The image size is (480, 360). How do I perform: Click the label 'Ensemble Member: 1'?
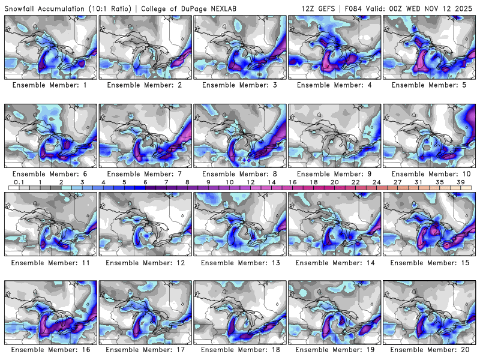tap(50, 85)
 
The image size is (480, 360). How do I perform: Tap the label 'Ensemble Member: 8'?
tap(239, 174)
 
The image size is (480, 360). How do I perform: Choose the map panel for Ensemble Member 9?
tap(335, 135)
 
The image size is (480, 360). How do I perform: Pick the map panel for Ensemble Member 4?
tap(335, 47)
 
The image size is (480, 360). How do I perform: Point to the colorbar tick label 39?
tap(460, 182)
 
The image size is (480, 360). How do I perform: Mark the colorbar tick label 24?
tap(376, 182)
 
